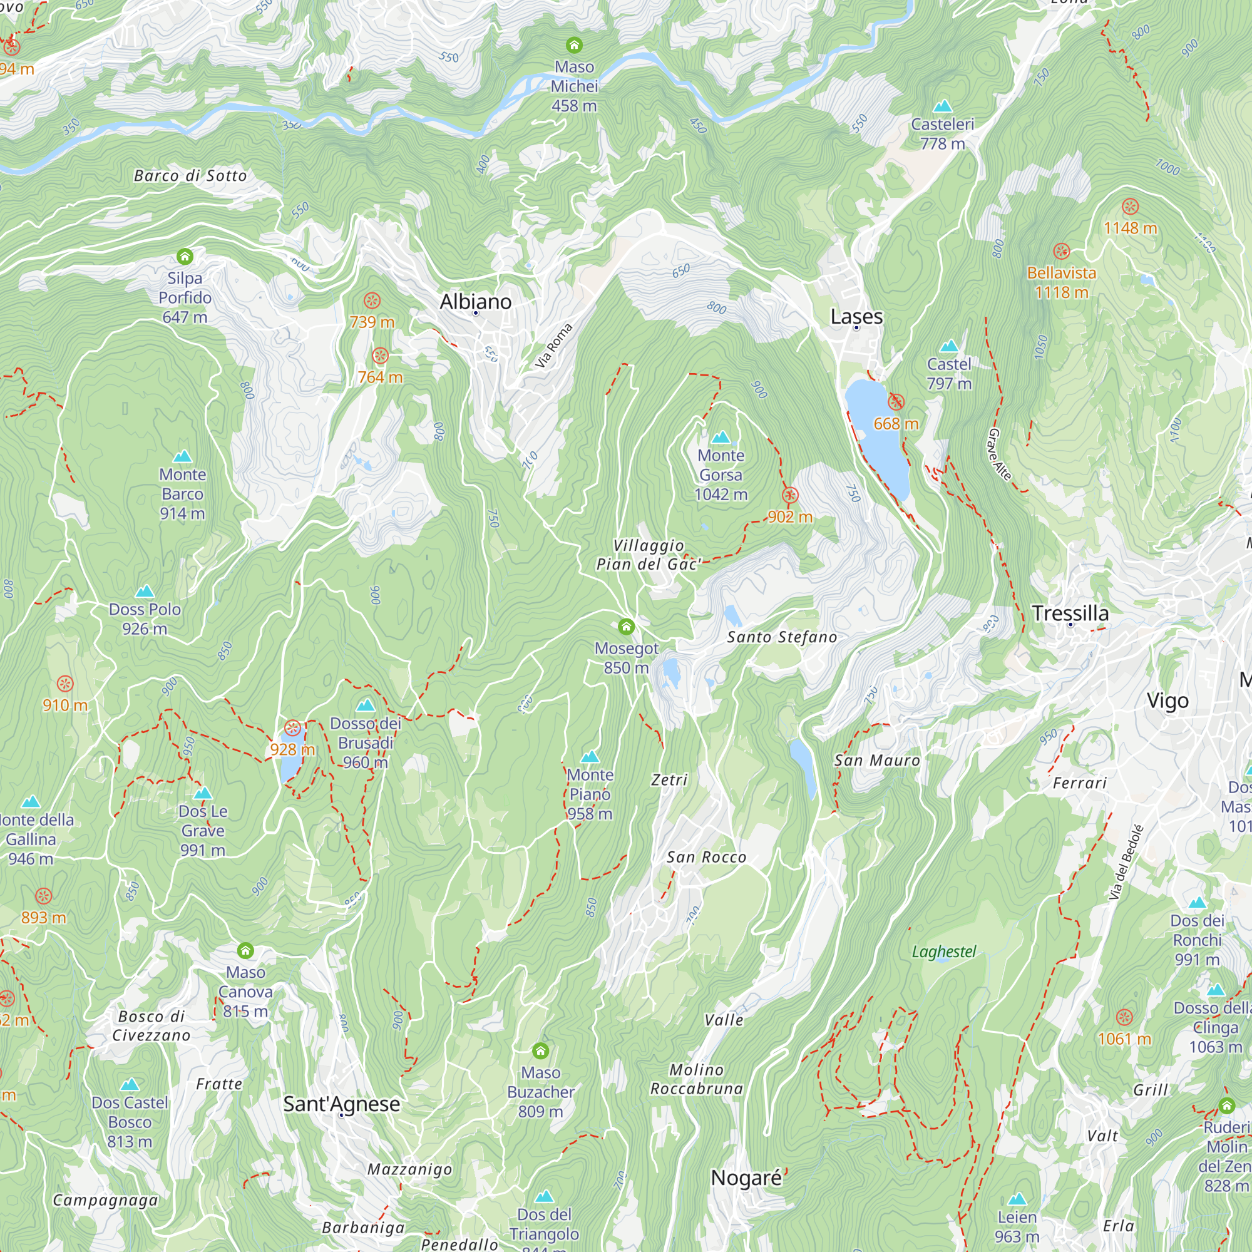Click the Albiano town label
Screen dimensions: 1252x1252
475,301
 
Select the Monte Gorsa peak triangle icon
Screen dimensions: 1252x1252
721,438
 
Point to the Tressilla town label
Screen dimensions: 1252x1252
1070,612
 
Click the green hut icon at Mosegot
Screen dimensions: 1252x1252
625,627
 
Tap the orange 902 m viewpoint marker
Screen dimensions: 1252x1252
789,496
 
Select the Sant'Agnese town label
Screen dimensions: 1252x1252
342,1104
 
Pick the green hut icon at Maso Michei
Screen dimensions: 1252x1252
574,45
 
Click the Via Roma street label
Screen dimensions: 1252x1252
553,346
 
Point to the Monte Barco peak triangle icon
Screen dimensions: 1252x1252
183,457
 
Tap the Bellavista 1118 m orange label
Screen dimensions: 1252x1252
1061,282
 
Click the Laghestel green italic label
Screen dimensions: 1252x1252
943,952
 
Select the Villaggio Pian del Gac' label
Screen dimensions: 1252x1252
648,555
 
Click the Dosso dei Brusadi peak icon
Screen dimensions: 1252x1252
366,705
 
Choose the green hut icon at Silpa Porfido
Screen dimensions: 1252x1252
185,257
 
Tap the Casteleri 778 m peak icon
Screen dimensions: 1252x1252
942,106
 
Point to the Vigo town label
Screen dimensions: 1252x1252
1167,700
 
